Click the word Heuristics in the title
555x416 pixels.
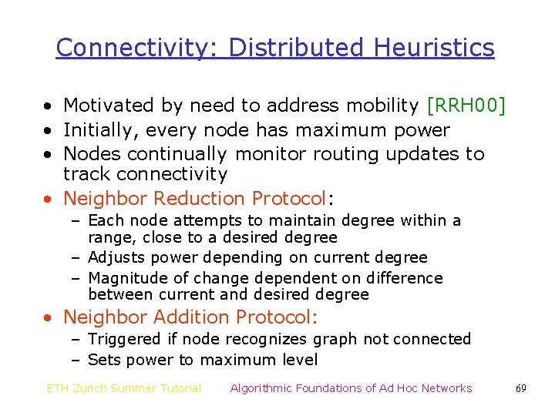434,48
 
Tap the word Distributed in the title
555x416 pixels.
298,48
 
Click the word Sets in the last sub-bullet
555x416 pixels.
103,360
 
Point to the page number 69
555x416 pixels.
521,388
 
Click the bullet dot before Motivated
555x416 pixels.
49,106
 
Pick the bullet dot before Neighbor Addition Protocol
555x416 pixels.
49,317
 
